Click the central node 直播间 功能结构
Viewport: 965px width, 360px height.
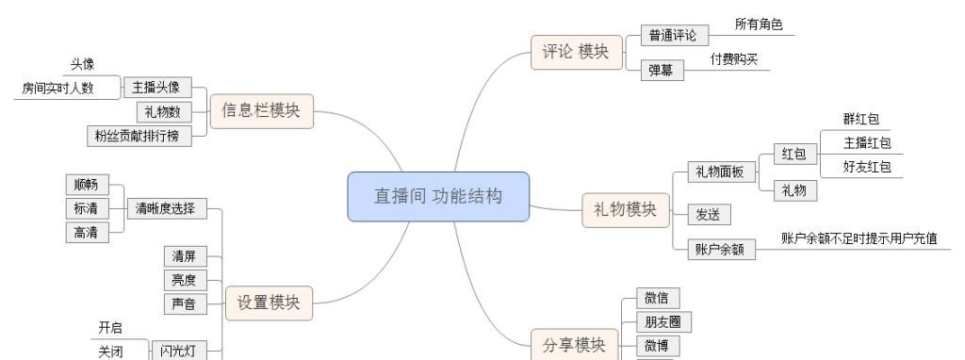(438, 196)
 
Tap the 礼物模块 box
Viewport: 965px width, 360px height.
(625, 209)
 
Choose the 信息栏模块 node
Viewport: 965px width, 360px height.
(261, 110)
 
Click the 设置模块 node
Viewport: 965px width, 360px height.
(269, 303)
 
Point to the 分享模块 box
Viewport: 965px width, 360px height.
(574, 345)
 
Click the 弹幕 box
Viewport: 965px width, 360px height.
(662, 72)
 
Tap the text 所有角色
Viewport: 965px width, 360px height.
(759, 25)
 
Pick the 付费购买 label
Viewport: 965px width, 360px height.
(734, 59)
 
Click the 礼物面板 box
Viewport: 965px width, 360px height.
(720, 172)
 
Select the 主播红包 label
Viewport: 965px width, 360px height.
(867, 143)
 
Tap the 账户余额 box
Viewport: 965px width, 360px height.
(720, 251)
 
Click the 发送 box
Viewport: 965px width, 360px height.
(708, 215)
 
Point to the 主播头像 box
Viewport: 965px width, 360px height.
(156, 89)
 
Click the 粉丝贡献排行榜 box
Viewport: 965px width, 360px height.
(138, 136)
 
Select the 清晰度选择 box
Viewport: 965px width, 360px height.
(166, 209)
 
